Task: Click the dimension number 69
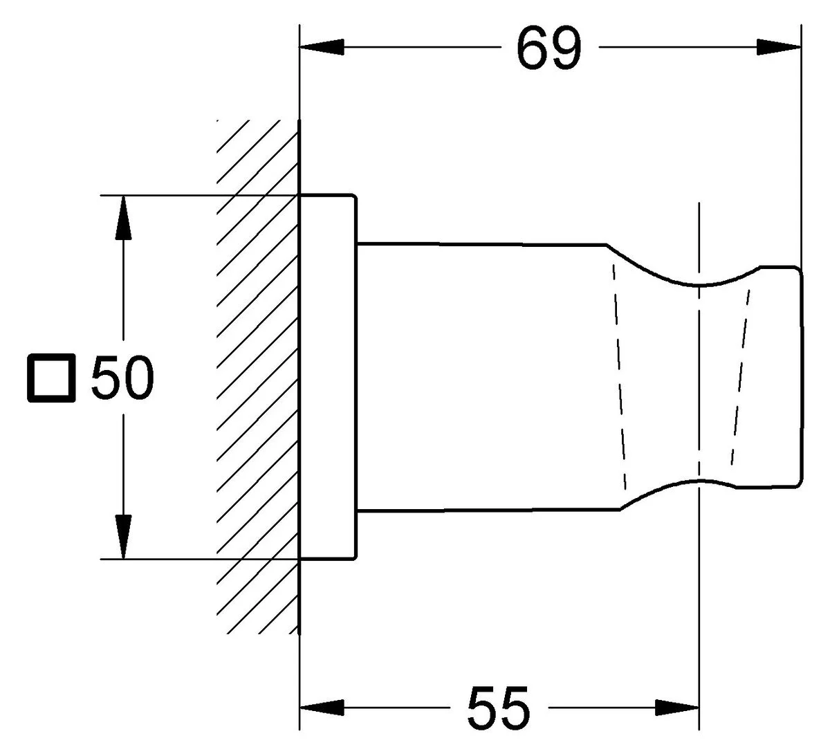549,48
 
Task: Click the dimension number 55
498,708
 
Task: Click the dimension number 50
122,377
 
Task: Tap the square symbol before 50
51,378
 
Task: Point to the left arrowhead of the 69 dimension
322,47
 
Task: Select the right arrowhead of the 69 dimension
779,47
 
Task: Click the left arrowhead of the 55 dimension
322,708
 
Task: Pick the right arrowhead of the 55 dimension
677,708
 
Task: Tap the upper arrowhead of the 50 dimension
123,218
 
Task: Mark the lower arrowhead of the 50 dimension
123,537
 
